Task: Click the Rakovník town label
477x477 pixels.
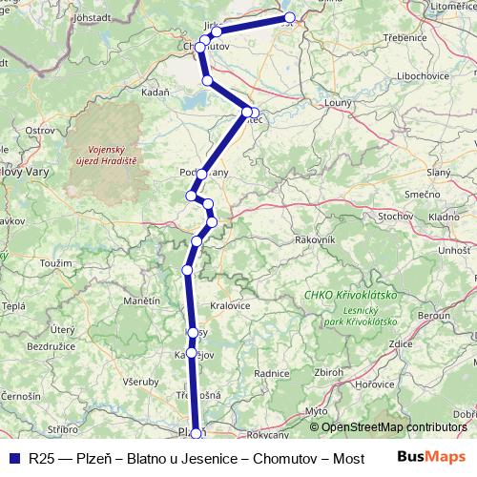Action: point(315,239)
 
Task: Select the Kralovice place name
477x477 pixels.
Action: point(231,305)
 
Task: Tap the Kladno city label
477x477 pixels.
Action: point(444,218)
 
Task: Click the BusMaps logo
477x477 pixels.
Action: point(435,457)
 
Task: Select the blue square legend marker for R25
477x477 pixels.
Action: point(13,458)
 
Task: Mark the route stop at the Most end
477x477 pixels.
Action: point(289,18)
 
